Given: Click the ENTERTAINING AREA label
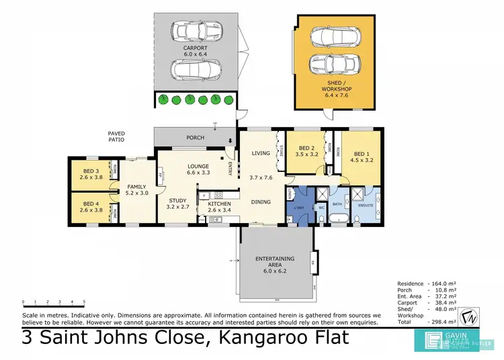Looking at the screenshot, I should coord(274,261).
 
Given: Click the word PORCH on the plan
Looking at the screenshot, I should coord(195,138).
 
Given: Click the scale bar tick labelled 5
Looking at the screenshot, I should coord(84,302).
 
